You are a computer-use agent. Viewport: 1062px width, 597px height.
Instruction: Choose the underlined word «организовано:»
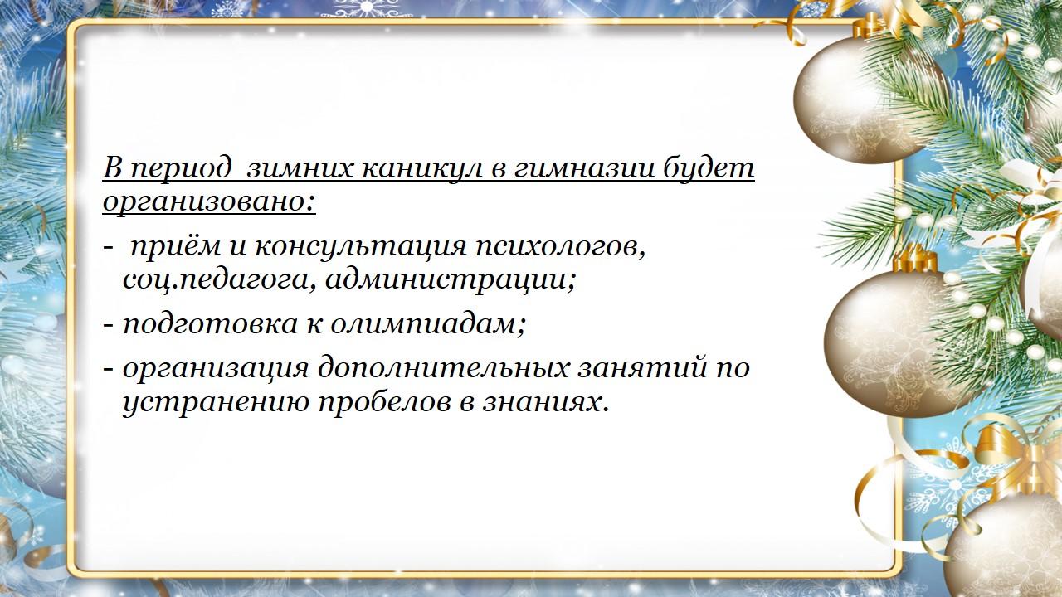tap(209, 203)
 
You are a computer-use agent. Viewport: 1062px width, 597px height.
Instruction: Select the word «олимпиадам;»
tap(427, 324)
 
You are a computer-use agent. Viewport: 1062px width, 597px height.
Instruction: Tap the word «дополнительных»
tap(442, 367)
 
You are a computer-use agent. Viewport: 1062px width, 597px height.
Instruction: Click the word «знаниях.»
tap(545, 404)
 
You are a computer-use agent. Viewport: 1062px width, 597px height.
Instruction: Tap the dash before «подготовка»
tap(108, 326)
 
